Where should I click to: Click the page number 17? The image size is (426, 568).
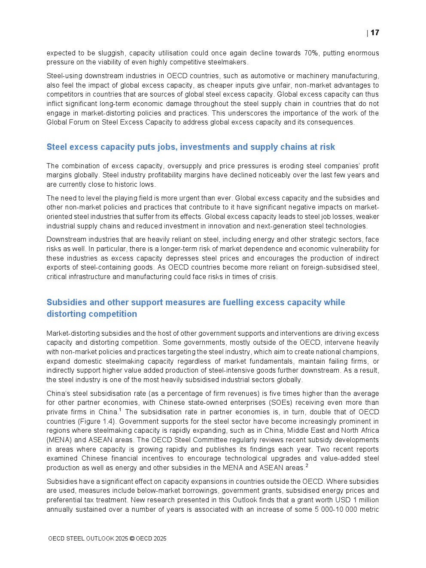(x=375, y=33)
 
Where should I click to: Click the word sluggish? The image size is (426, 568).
(x=107, y=53)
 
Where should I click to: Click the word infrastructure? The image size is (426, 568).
(x=91, y=277)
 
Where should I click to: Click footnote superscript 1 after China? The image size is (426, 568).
(x=120, y=410)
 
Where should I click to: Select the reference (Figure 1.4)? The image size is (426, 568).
(x=97, y=422)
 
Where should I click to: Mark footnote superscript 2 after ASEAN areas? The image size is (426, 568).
(x=307, y=465)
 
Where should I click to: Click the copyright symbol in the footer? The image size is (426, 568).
(x=132, y=539)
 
